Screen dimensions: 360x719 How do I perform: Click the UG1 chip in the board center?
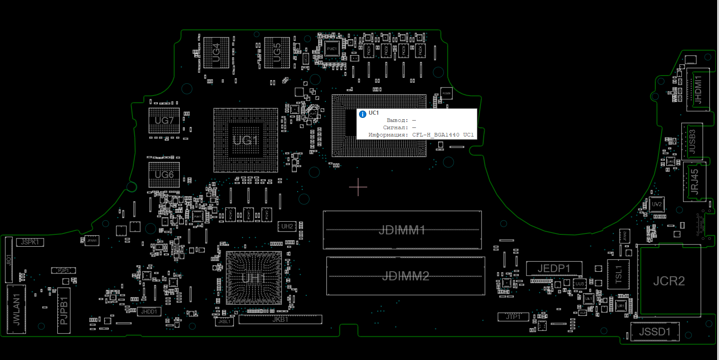tap(246, 140)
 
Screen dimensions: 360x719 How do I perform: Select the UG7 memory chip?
tap(164, 121)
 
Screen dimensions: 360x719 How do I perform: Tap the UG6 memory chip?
tap(164, 175)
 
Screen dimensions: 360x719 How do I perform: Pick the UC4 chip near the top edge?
tap(216, 53)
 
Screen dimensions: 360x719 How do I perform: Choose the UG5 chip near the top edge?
tap(277, 53)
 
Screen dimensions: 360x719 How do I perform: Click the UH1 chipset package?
tap(253, 278)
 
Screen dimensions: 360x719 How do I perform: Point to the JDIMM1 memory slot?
tap(402, 230)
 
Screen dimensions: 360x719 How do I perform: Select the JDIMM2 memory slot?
tap(405, 276)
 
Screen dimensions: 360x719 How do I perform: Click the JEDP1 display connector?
tap(554, 269)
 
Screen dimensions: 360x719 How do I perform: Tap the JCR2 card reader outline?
tap(669, 281)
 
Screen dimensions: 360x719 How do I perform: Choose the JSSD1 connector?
tap(655, 332)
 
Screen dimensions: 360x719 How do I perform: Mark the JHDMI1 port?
tap(698, 90)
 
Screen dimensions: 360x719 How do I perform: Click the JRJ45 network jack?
tap(694, 182)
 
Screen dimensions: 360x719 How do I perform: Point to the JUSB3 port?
tap(692, 141)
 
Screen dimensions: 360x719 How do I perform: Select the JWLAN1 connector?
tap(16, 309)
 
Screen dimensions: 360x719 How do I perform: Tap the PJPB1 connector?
tap(64, 310)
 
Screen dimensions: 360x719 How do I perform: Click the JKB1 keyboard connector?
tap(280, 319)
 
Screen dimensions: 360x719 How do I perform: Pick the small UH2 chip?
tap(287, 226)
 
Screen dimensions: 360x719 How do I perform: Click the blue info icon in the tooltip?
tap(363, 114)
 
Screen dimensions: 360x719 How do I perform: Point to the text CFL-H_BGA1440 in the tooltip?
tap(435, 135)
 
